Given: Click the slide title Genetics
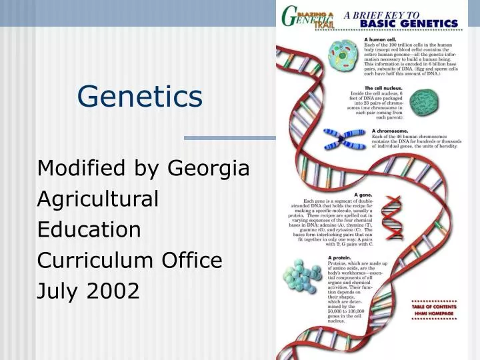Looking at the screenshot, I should click(139, 96).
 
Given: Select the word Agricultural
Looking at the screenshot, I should click(98, 199).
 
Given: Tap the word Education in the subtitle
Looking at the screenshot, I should click(89, 229).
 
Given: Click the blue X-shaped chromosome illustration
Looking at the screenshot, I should click(346, 139).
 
